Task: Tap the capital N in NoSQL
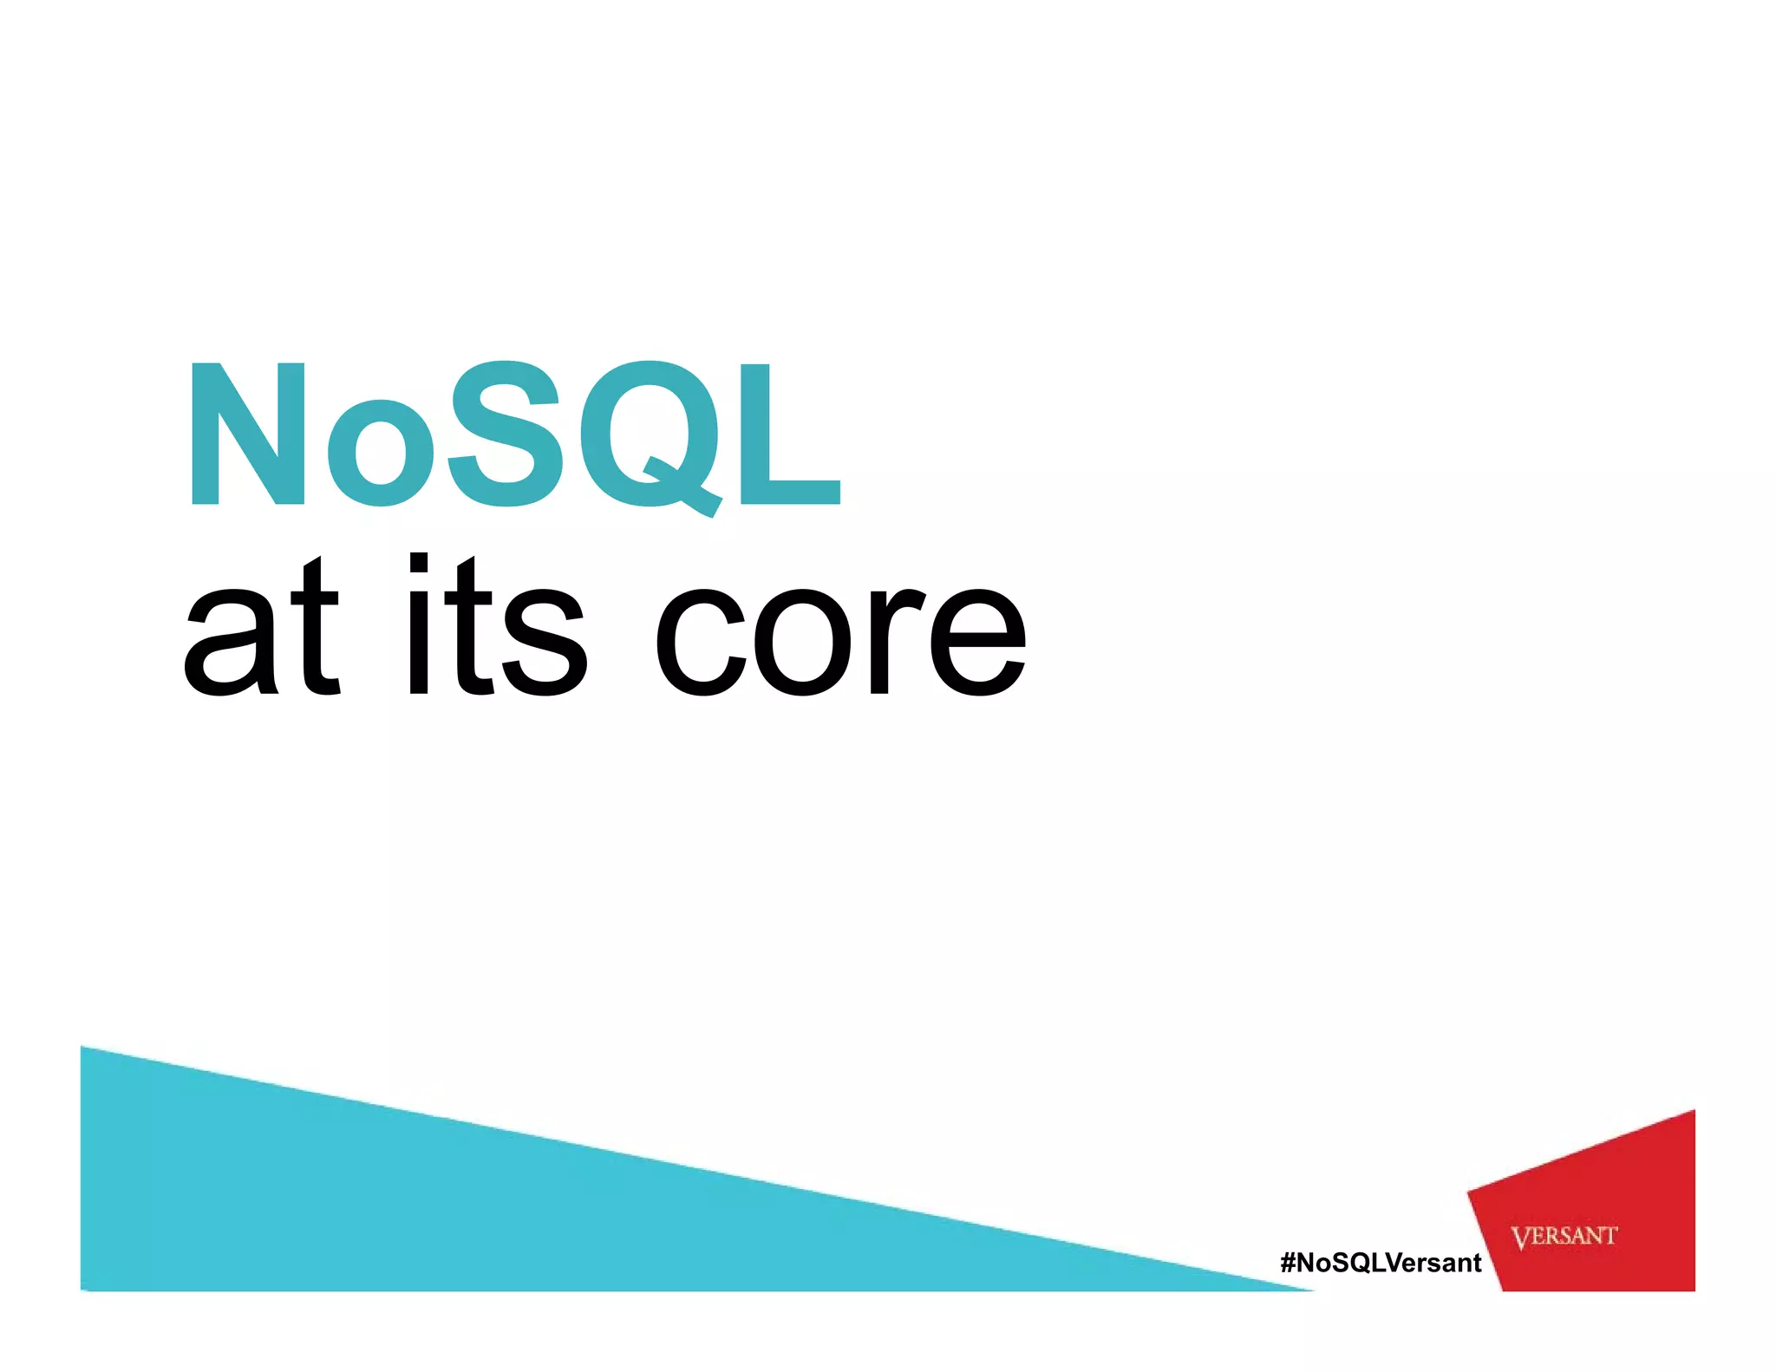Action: (248, 434)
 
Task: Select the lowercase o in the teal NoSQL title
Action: (379, 451)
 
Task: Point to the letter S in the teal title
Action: (505, 434)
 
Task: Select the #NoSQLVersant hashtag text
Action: (1381, 1263)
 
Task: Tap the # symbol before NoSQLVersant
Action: (1289, 1263)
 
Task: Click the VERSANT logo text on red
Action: (1564, 1236)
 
